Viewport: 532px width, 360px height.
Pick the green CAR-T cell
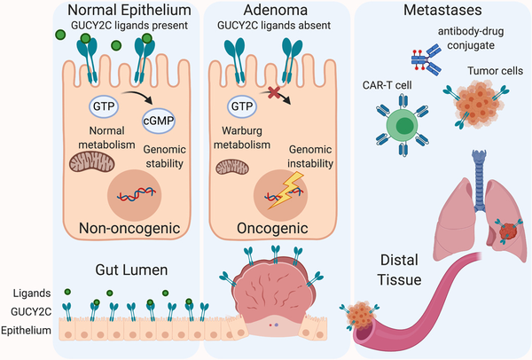[403, 122]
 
